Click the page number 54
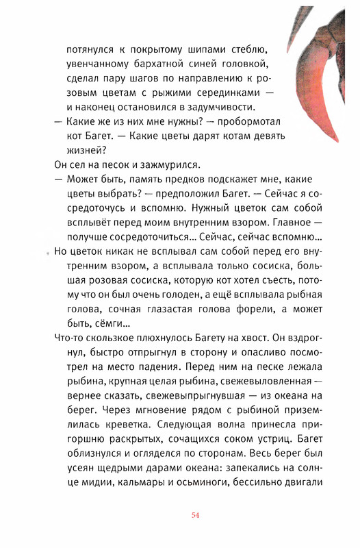click(196, 516)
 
